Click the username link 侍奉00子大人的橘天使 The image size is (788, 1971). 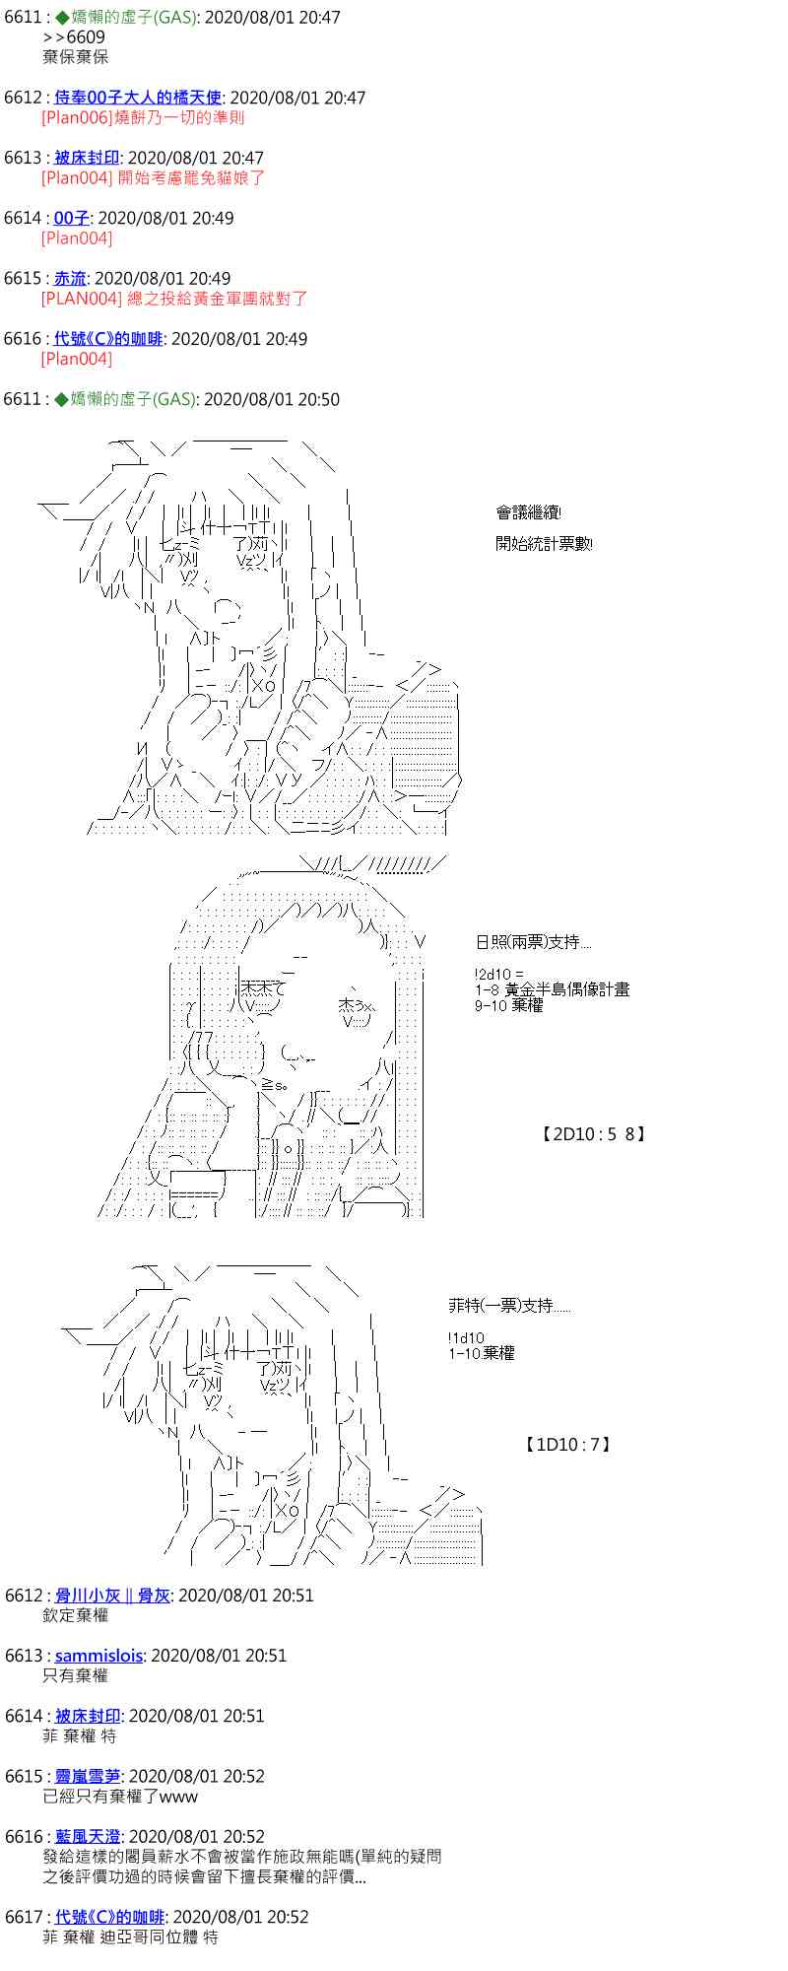tap(138, 98)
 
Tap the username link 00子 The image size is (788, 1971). tap(71, 218)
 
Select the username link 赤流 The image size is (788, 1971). tap(70, 278)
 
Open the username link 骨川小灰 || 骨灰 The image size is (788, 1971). tap(112, 1595)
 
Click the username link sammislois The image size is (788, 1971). tap(98, 1655)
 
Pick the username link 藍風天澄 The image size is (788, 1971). tap(88, 1836)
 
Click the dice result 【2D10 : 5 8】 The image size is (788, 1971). tap(593, 1134)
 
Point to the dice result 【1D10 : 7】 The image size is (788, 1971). tap(568, 1445)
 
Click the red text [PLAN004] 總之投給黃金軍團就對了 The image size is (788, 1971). tap(174, 298)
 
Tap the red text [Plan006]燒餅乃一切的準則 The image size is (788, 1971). tap(143, 117)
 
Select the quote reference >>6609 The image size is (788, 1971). tap(74, 37)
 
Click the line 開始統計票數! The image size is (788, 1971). tap(544, 544)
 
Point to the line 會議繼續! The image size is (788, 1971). tap(529, 512)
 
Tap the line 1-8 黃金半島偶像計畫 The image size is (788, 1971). tap(552, 989)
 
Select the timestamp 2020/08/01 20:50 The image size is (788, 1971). tap(271, 399)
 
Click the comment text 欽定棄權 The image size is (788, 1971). tap(76, 1614)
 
